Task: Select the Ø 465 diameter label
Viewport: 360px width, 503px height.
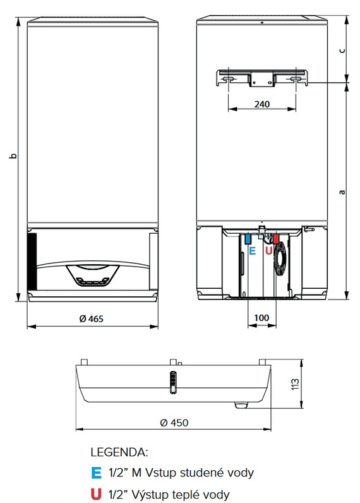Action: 92,319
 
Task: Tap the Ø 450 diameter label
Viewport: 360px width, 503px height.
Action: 174,423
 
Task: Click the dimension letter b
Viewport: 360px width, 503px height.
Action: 13,156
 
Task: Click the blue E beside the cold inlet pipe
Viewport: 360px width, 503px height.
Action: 253,251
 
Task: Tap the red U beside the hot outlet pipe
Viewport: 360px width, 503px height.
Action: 268,251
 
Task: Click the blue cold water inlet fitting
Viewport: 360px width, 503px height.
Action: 248,239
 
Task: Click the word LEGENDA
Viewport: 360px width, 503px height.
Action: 119,452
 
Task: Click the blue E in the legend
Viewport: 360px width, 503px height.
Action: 95,473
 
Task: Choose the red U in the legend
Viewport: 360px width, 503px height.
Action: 95,494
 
